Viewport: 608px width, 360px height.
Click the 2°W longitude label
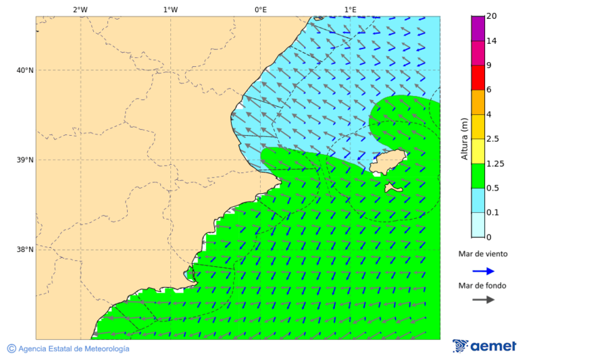(x=80, y=9)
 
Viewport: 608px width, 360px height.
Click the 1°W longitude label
(x=170, y=9)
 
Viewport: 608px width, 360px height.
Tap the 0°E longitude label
(x=260, y=9)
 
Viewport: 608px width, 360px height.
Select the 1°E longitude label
(x=350, y=9)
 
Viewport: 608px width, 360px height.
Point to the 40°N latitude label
(x=25, y=70)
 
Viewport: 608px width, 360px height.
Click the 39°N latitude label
(x=25, y=160)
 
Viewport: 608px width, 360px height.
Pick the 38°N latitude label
(x=25, y=250)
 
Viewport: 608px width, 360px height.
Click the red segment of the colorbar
(x=478, y=78)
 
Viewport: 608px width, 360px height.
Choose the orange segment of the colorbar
(x=478, y=102)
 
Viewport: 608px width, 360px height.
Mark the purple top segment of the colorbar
(x=478, y=28)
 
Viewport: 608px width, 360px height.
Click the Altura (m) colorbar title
(x=464, y=138)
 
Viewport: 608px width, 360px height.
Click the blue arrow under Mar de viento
(x=483, y=271)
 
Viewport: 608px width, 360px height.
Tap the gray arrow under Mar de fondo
(x=483, y=299)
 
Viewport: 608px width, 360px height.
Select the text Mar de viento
(x=482, y=254)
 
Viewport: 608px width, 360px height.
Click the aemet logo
(x=484, y=346)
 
